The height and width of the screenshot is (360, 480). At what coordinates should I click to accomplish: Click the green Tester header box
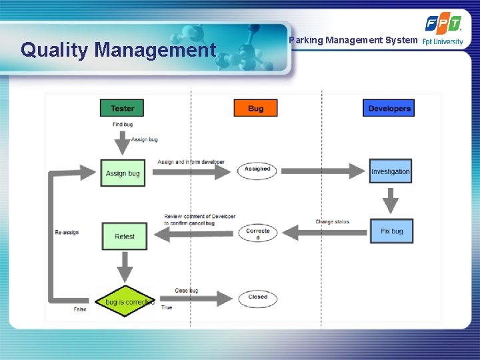click(x=122, y=108)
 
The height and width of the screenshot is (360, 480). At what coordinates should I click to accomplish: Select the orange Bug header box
click(x=255, y=108)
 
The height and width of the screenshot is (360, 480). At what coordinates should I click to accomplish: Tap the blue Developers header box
click(x=389, y=108)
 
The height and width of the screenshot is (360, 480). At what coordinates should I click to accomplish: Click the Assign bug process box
click(x=123, y=173)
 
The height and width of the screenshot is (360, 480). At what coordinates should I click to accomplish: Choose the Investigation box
click(x=391, y=171)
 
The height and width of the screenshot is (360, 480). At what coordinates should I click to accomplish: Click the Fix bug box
click(x=391, y=231)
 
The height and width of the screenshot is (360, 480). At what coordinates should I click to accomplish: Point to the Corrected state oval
click(x=257, y=234)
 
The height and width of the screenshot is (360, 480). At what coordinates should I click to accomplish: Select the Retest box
click(x=125, y=236)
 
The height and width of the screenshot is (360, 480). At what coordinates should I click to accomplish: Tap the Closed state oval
click(x=257, y=297)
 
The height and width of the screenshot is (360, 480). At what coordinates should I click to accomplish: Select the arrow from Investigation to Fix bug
click(x=391, y=201)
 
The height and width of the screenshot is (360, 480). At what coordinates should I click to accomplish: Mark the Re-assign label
click(x=67, y=232)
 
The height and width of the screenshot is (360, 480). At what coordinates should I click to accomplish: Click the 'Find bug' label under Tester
click(x=123, y=125)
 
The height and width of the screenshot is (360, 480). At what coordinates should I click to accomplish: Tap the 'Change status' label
click(x=332, y=222)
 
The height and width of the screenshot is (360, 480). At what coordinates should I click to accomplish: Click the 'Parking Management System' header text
click(x=353, y=41)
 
